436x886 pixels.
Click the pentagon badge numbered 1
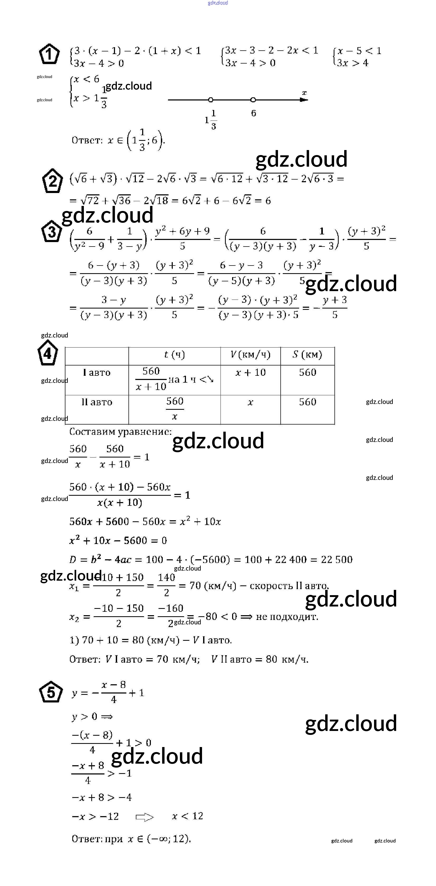pos(50,54)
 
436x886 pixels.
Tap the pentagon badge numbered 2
pos(52,181)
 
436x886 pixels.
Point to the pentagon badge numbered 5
pos(51,692)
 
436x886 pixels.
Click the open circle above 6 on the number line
pos(253,100)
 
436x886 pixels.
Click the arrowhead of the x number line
pos(304,100)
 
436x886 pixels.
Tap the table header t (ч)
pos(174,355)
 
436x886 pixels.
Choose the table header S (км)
pos(307,355)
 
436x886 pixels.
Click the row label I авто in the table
pos(97,373)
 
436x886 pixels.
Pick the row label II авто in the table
pos(97,402)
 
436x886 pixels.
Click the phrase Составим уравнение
pos(120,432)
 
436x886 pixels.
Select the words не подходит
pos(287,617)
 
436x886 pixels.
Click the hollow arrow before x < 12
pos(145,817)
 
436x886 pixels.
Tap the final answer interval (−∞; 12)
pos(169,839)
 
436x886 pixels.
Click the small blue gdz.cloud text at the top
pos(218,3)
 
